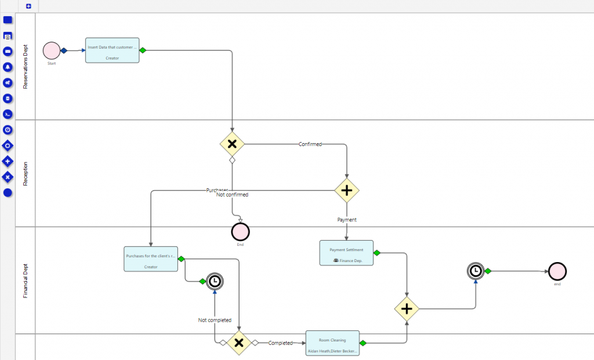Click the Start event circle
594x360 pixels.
tap(52, 50)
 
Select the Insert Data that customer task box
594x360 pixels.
tap(112, 50)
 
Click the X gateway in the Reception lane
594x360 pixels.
tap(232, 144)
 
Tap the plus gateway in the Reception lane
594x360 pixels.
tap(347, 190)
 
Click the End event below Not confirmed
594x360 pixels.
tap(240, 232)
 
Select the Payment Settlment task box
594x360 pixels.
tap(346, 253)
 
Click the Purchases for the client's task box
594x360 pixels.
tap(150, 259)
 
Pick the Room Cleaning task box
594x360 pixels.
tap(332, 343)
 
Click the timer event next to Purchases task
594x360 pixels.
tap(215, 281)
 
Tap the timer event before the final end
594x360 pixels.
tap(476, 271)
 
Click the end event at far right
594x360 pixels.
tap(557, 271)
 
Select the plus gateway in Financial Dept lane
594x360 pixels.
tap(407, 309)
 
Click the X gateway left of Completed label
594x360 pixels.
tap(238, 343)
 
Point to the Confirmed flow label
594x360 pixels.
tap(310, 144)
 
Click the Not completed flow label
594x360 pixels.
tap(215, 320)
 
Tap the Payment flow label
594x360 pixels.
tap(347, 220)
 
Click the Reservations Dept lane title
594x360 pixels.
tap(26, 67)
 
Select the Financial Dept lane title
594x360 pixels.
tap(26, 281)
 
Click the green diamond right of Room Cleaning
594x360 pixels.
tap(363, 343)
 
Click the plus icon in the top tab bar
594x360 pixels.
tap(28, 6)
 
